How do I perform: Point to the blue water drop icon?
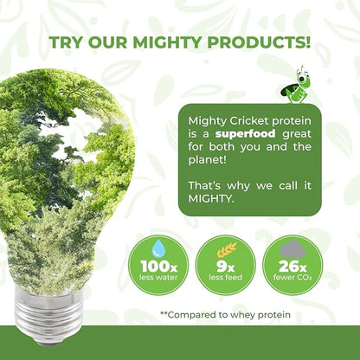coord(158,247)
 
